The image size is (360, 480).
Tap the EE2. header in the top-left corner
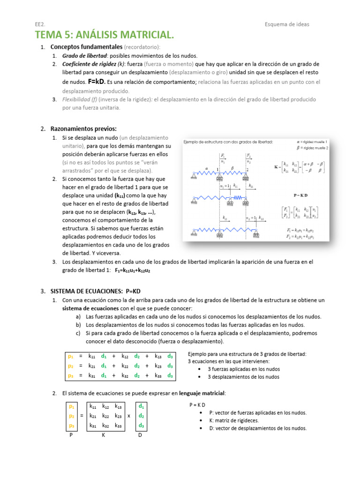[40, 24]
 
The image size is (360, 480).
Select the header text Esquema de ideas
[287, 24]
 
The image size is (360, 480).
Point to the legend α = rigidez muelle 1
[312, 141]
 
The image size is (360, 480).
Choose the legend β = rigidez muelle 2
[312, 148]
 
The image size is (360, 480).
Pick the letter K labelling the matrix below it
[104, 435]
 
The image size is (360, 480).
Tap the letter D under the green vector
[140, 435]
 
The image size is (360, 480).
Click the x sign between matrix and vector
[128, 415]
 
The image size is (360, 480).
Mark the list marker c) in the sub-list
[78, 333]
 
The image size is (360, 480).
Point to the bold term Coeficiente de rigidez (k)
[93, 64]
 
